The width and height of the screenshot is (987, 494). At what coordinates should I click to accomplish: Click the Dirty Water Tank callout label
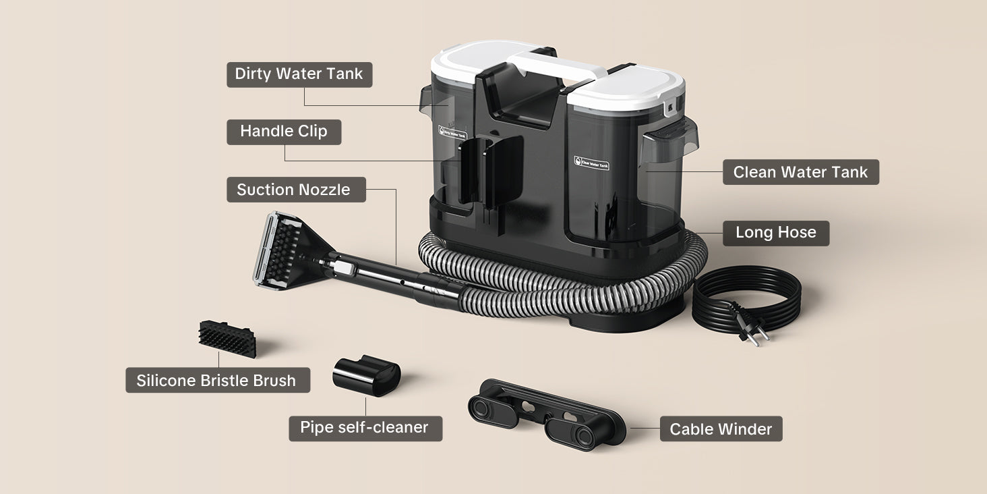tap(299, 74)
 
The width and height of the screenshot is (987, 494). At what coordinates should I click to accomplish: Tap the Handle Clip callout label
tap(284, 132)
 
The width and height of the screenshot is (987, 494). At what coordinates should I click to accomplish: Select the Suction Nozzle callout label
tap(296, 190)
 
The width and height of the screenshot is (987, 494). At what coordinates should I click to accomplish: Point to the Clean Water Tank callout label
tap(801, 172)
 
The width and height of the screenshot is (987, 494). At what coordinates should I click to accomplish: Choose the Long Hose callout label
tap(776, 233)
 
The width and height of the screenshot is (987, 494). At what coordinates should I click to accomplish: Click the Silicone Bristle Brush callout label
tap(218, 380)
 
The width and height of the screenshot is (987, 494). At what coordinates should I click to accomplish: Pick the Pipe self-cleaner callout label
tap(365, 429)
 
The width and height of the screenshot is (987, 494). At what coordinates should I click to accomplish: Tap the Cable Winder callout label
tap(721, 429)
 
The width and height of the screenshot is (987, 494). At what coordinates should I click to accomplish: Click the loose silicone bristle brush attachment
tap(227, 339)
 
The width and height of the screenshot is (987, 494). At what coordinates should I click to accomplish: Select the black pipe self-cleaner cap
tap(367, 375)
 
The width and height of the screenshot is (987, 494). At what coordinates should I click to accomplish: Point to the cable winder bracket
tap(546, 414)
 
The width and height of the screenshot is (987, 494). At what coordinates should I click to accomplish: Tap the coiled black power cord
tap(746, 299)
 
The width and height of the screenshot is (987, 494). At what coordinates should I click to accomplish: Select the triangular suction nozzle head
tap(291, 250)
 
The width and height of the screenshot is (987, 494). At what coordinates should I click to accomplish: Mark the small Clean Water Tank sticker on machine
tap(591, 163)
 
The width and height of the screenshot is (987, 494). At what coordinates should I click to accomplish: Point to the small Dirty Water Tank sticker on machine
tap(452, 132)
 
